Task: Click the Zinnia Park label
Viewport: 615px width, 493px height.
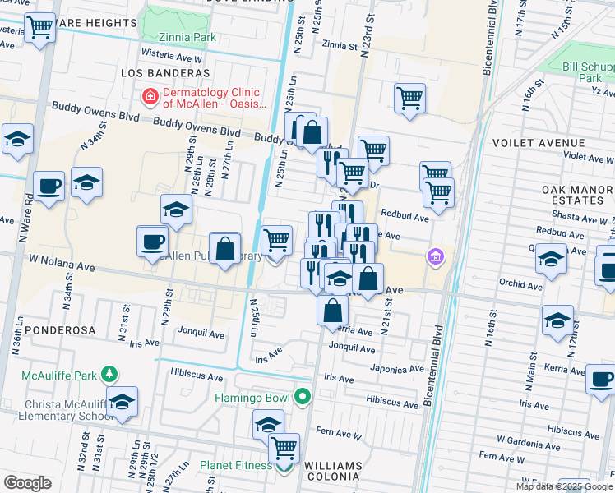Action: (188, 37)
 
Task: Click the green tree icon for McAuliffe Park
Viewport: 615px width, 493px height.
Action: (109, 375)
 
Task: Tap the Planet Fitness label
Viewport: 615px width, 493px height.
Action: (235, 466)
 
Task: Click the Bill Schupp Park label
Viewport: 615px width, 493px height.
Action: (589, 72)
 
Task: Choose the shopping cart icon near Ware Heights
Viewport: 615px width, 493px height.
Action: (39, 28)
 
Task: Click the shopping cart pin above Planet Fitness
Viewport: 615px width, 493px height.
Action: (284, 448)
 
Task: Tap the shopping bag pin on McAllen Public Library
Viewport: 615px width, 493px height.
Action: (224, 248)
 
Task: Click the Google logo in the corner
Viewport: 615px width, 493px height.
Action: (27, 483)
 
